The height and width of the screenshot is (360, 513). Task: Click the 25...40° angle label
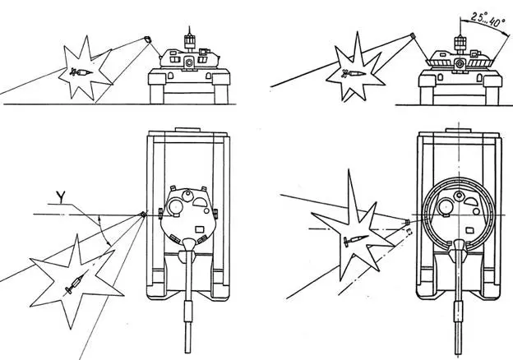tap(488, 21)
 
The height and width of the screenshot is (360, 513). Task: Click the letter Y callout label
tap(61, 196)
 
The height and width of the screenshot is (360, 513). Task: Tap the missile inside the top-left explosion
tap(81, 72)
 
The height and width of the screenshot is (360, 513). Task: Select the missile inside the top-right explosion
tap(353, 74)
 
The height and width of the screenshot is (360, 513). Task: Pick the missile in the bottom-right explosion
tap(356, 240)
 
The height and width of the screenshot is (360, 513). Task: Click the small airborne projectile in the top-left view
tap(148, 39)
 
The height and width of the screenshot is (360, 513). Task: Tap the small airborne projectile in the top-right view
tap(413, 35)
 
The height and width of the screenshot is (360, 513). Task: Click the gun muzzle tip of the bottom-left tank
tap(187, 353)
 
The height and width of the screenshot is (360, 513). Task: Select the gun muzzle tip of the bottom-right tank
tap(458, 353)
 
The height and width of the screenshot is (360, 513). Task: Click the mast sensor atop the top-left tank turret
tap(190, 41)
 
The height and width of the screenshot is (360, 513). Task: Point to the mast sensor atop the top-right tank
tap(460, 42)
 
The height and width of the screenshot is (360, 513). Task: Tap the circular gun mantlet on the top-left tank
tap(188, 62)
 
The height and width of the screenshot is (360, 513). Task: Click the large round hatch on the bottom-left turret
tap(176, 206)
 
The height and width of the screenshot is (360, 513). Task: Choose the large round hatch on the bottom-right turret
tap(446, 206)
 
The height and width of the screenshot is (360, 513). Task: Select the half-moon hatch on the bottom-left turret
tap(200, 202)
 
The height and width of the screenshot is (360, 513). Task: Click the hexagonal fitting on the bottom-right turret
tap(460, 196)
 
